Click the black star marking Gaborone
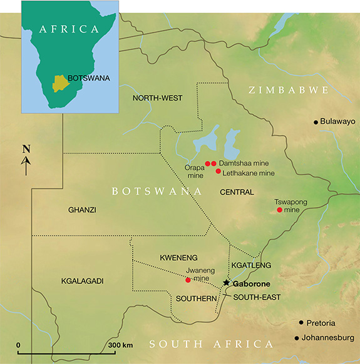click(226, 283)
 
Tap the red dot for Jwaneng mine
click(188, 280)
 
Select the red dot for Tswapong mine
click(279, 210)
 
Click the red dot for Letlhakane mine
click(218, 171)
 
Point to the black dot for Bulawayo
click(316, 121)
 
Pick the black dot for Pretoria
click(301, 323)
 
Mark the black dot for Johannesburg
click(297, 338)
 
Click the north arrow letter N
click(26, 149)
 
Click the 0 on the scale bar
click(19, 345)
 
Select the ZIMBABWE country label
click(289, 91)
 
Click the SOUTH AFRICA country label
click(212, 344)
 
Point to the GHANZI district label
click(82, 210)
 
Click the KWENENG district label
click(160, 257)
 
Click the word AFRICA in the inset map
click(69, 29)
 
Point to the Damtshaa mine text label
click(244, 163)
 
